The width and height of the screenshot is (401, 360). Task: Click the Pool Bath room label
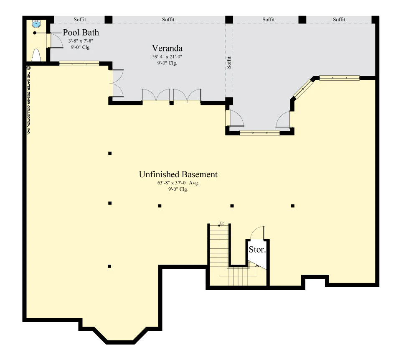coord(81,32)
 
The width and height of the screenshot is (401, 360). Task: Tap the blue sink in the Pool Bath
coord(36,24)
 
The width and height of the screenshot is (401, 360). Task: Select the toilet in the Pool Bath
coord(36,55)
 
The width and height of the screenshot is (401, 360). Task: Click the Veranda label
coord(167,48)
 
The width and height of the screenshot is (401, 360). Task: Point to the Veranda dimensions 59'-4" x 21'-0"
coord(167,56)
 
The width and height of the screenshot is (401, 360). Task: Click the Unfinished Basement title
coord(178,174)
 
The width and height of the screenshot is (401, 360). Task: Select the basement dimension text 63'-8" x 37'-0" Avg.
coord(178,183)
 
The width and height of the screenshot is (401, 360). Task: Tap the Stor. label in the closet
coord(257,249)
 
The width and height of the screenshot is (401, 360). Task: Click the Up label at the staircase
coord(222,223)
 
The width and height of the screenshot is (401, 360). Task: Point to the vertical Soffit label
coord(229,62)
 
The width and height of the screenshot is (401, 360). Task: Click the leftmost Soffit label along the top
coord(80,20)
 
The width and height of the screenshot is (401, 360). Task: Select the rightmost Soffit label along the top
coord(339,20)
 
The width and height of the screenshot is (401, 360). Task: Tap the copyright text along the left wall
coord(29,100)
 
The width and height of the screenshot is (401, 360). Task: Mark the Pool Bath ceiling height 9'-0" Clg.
coord(81,47)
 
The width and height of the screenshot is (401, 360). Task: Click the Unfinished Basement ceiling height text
coord(178,189)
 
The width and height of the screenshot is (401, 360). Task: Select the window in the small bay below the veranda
coord(260,133)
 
